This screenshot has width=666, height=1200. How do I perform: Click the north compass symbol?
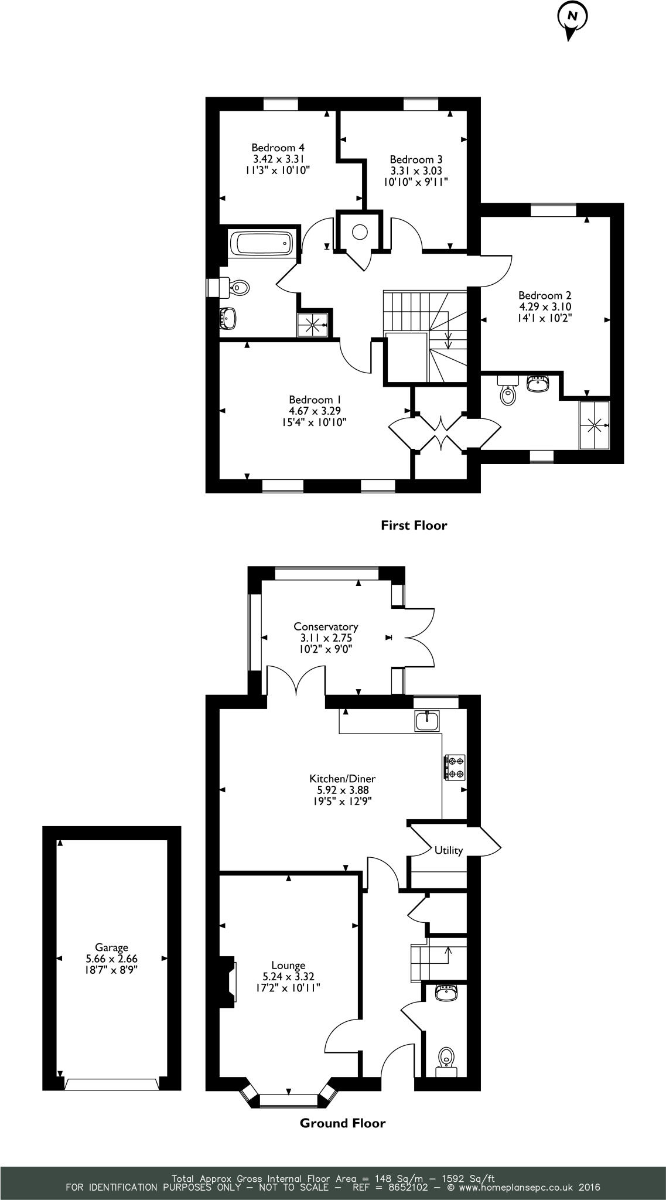coord(571,18)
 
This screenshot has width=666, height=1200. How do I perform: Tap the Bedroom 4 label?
coord(278,148)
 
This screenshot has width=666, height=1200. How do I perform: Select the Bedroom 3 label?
coord(416,159)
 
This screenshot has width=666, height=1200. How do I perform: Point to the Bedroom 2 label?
coord(544,295)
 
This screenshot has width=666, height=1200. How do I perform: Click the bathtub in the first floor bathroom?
coord(261,243)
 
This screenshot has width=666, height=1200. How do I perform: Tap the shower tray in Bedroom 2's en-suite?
coord(594,425)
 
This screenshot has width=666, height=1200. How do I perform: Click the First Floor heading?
coord(414,526)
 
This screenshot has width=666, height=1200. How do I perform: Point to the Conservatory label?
coord(326,626)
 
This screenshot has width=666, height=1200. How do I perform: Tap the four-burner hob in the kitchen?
coord(455,767)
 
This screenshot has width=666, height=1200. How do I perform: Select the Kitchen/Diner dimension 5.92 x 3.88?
coord(343,790)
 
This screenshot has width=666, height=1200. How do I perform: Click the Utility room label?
coord(448,850)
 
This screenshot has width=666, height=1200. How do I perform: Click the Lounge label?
coord(288,965)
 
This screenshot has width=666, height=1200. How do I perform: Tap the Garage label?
coord(111,947)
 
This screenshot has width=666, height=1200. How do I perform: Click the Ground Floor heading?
coord(343,1123)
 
